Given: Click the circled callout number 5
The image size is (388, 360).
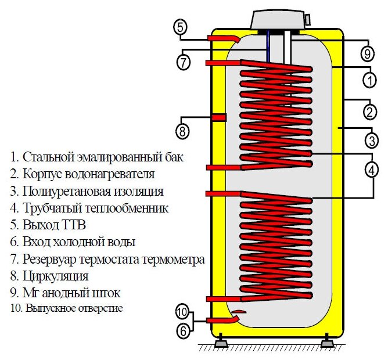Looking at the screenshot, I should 181,27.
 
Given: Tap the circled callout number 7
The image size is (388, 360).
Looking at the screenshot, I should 184,62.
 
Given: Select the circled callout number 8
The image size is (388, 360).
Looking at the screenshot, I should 183,131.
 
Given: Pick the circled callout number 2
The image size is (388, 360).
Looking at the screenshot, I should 369,110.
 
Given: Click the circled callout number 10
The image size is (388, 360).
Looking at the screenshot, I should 182,312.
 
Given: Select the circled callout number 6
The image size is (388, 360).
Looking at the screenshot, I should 183,331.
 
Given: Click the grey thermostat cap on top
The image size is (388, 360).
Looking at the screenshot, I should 278,20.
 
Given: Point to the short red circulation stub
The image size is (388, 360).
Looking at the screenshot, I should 218,118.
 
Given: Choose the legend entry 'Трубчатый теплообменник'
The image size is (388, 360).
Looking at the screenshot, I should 89,207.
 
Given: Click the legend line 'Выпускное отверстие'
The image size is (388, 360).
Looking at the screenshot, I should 67,308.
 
